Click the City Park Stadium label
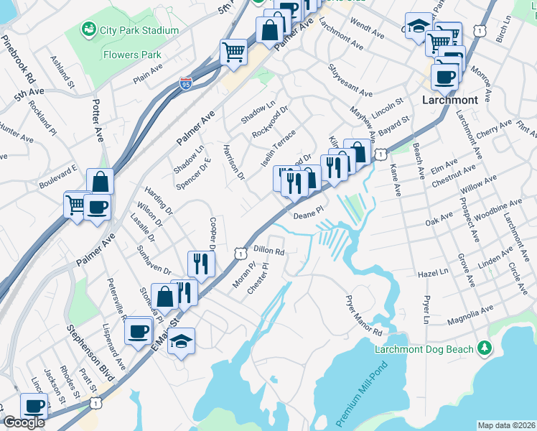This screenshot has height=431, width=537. (x=140, y=30)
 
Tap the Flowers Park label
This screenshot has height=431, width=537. (x=131, y=54)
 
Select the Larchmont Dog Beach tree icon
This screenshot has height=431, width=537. (x=486, y=348)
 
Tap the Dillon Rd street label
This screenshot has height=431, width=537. (x=270, y=252)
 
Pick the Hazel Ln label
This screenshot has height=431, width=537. (x=433, y=274)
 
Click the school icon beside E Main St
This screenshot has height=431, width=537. (x=181, y=341)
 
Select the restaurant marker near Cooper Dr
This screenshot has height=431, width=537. (x=200, y=264)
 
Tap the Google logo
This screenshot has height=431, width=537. (x=24, y=422)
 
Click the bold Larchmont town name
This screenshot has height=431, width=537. (x=451, y=100)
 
